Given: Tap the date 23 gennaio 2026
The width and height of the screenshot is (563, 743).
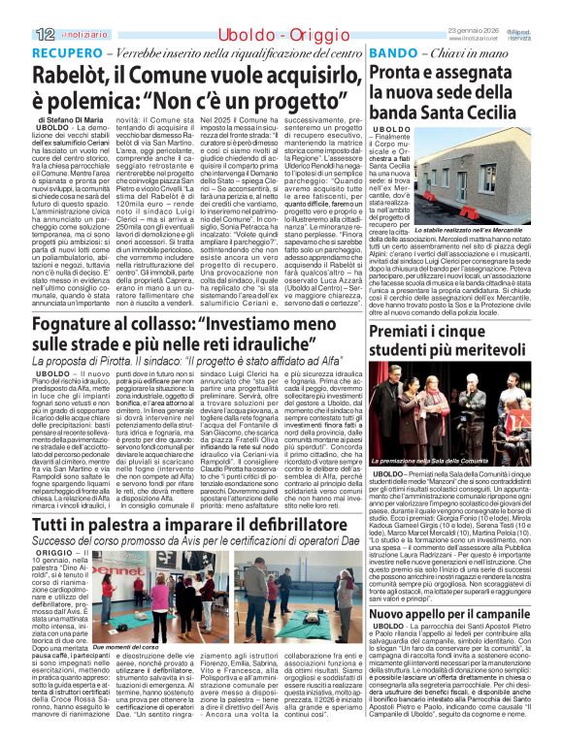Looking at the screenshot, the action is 500,27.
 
